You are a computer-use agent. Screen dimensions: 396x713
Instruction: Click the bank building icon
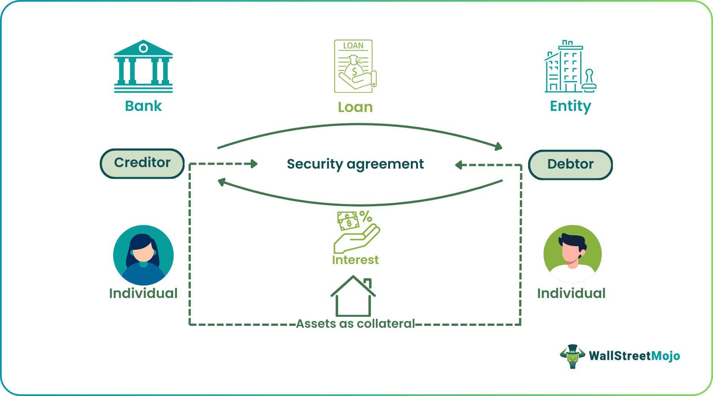click(143, 66)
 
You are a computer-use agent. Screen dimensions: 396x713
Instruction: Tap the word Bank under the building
click(143, 106)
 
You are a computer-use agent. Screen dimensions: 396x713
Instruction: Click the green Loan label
click(355, 107)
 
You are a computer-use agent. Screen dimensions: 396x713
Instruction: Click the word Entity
click(570, 106)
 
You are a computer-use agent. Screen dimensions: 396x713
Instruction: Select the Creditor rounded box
click(142, 163)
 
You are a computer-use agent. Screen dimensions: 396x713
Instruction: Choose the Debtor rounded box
click(570, 164)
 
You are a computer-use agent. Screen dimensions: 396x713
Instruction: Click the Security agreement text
click(355, 164)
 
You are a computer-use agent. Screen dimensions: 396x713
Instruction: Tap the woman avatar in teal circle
click(143, 255)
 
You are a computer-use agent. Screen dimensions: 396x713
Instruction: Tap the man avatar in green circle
click(572, 254)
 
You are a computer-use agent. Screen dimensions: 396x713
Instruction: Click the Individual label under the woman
click(143, 293)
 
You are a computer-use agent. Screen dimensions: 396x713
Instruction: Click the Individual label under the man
click(571, 293)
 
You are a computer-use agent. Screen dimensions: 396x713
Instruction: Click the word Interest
click(355, 260)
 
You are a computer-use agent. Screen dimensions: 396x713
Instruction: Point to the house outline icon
click(353, 296)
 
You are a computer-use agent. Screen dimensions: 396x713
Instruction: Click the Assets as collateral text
click(355, 324)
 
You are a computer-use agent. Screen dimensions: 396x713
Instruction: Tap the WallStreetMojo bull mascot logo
click(572, 356)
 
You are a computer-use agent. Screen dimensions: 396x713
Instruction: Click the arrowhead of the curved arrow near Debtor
click(499, 147)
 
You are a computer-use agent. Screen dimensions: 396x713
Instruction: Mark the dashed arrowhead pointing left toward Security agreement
click(459, 165)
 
